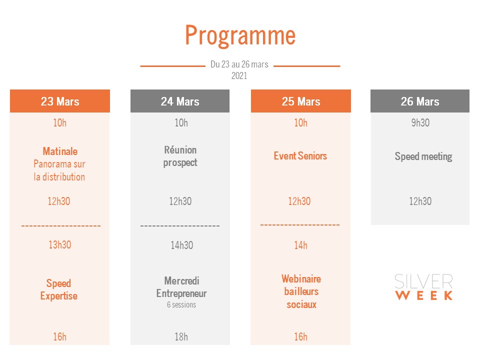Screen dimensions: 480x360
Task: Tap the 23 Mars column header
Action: (x=60, y=101)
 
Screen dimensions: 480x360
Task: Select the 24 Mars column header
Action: (x=180, y=101)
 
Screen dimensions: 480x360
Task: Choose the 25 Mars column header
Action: (x=301, y=101)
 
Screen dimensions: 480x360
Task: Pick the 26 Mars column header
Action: (x=420, y=101)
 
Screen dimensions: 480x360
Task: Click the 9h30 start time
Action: (x=420, y=123)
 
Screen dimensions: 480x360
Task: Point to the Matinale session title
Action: (x=60, y=151)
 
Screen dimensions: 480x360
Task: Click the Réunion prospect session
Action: (x=180, y=156)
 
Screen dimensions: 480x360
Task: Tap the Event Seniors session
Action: (x=300, y=156)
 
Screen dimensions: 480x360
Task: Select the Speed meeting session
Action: (x=423, y=156)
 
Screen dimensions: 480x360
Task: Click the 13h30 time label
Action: (x=59, y=244)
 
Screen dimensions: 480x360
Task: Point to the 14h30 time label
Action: (x=182, y=245)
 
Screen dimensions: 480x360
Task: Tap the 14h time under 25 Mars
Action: (x=300, y=245)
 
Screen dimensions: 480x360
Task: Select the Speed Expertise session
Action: (x=59, y=289)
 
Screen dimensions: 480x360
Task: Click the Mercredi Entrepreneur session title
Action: (x=181, y=287)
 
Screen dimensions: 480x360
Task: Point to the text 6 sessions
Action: (x=181, y=304)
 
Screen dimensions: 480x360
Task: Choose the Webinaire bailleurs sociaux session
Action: (x=301, y=291)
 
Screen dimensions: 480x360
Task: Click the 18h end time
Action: (x=181, y=336)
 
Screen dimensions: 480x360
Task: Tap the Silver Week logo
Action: (x=423, y=287)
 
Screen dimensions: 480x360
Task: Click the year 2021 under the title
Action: (x=239, y=75)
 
